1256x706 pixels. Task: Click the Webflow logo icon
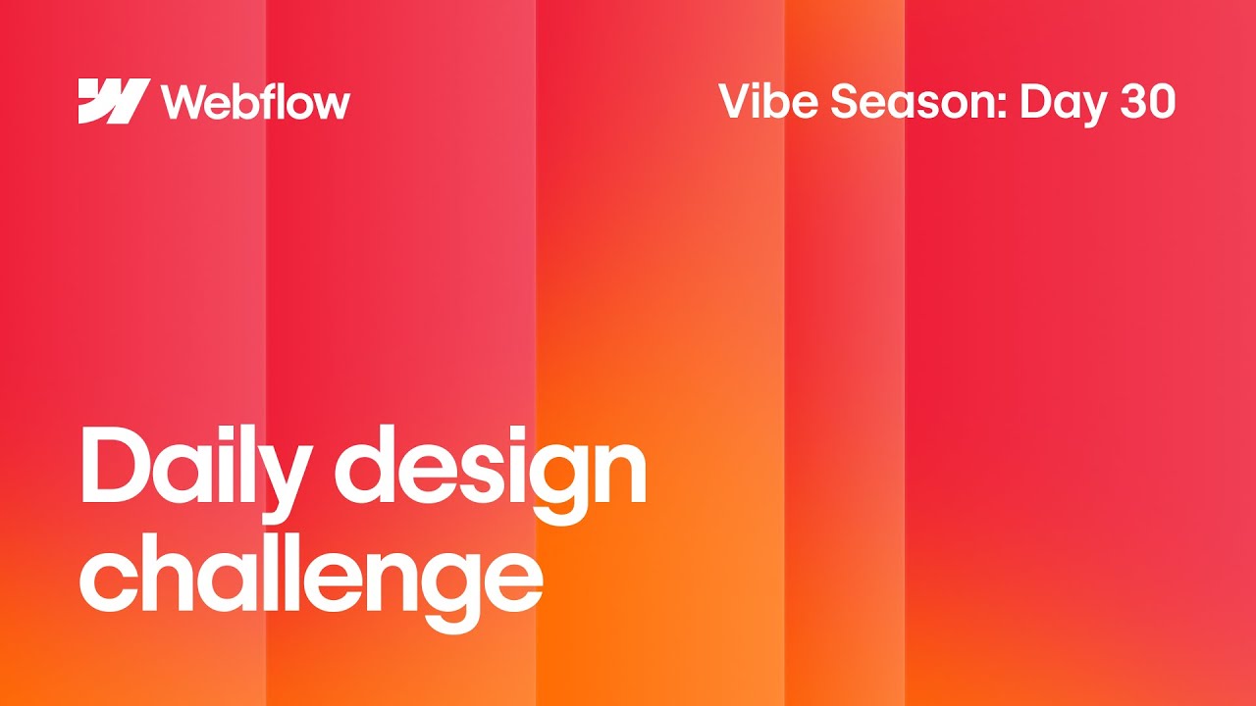[x=114, y=101]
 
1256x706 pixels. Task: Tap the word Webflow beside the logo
[x=255, y=101]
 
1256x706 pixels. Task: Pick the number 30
[x=1146, y=102]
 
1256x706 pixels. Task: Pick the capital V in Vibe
[x=736, y=101]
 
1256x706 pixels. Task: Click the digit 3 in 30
[x=1129, y=102]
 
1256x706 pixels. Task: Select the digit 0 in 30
[x=1161, y=102]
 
